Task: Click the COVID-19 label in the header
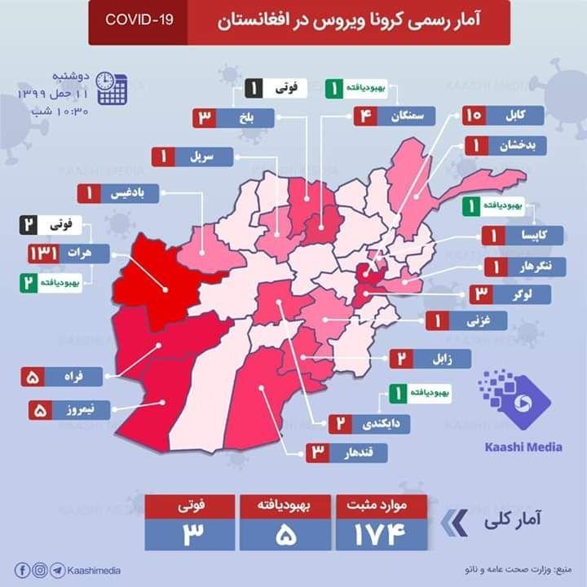(x=138, y=18)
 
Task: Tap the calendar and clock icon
(x=111, y=88)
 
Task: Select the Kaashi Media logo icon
(x=513, y=399)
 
